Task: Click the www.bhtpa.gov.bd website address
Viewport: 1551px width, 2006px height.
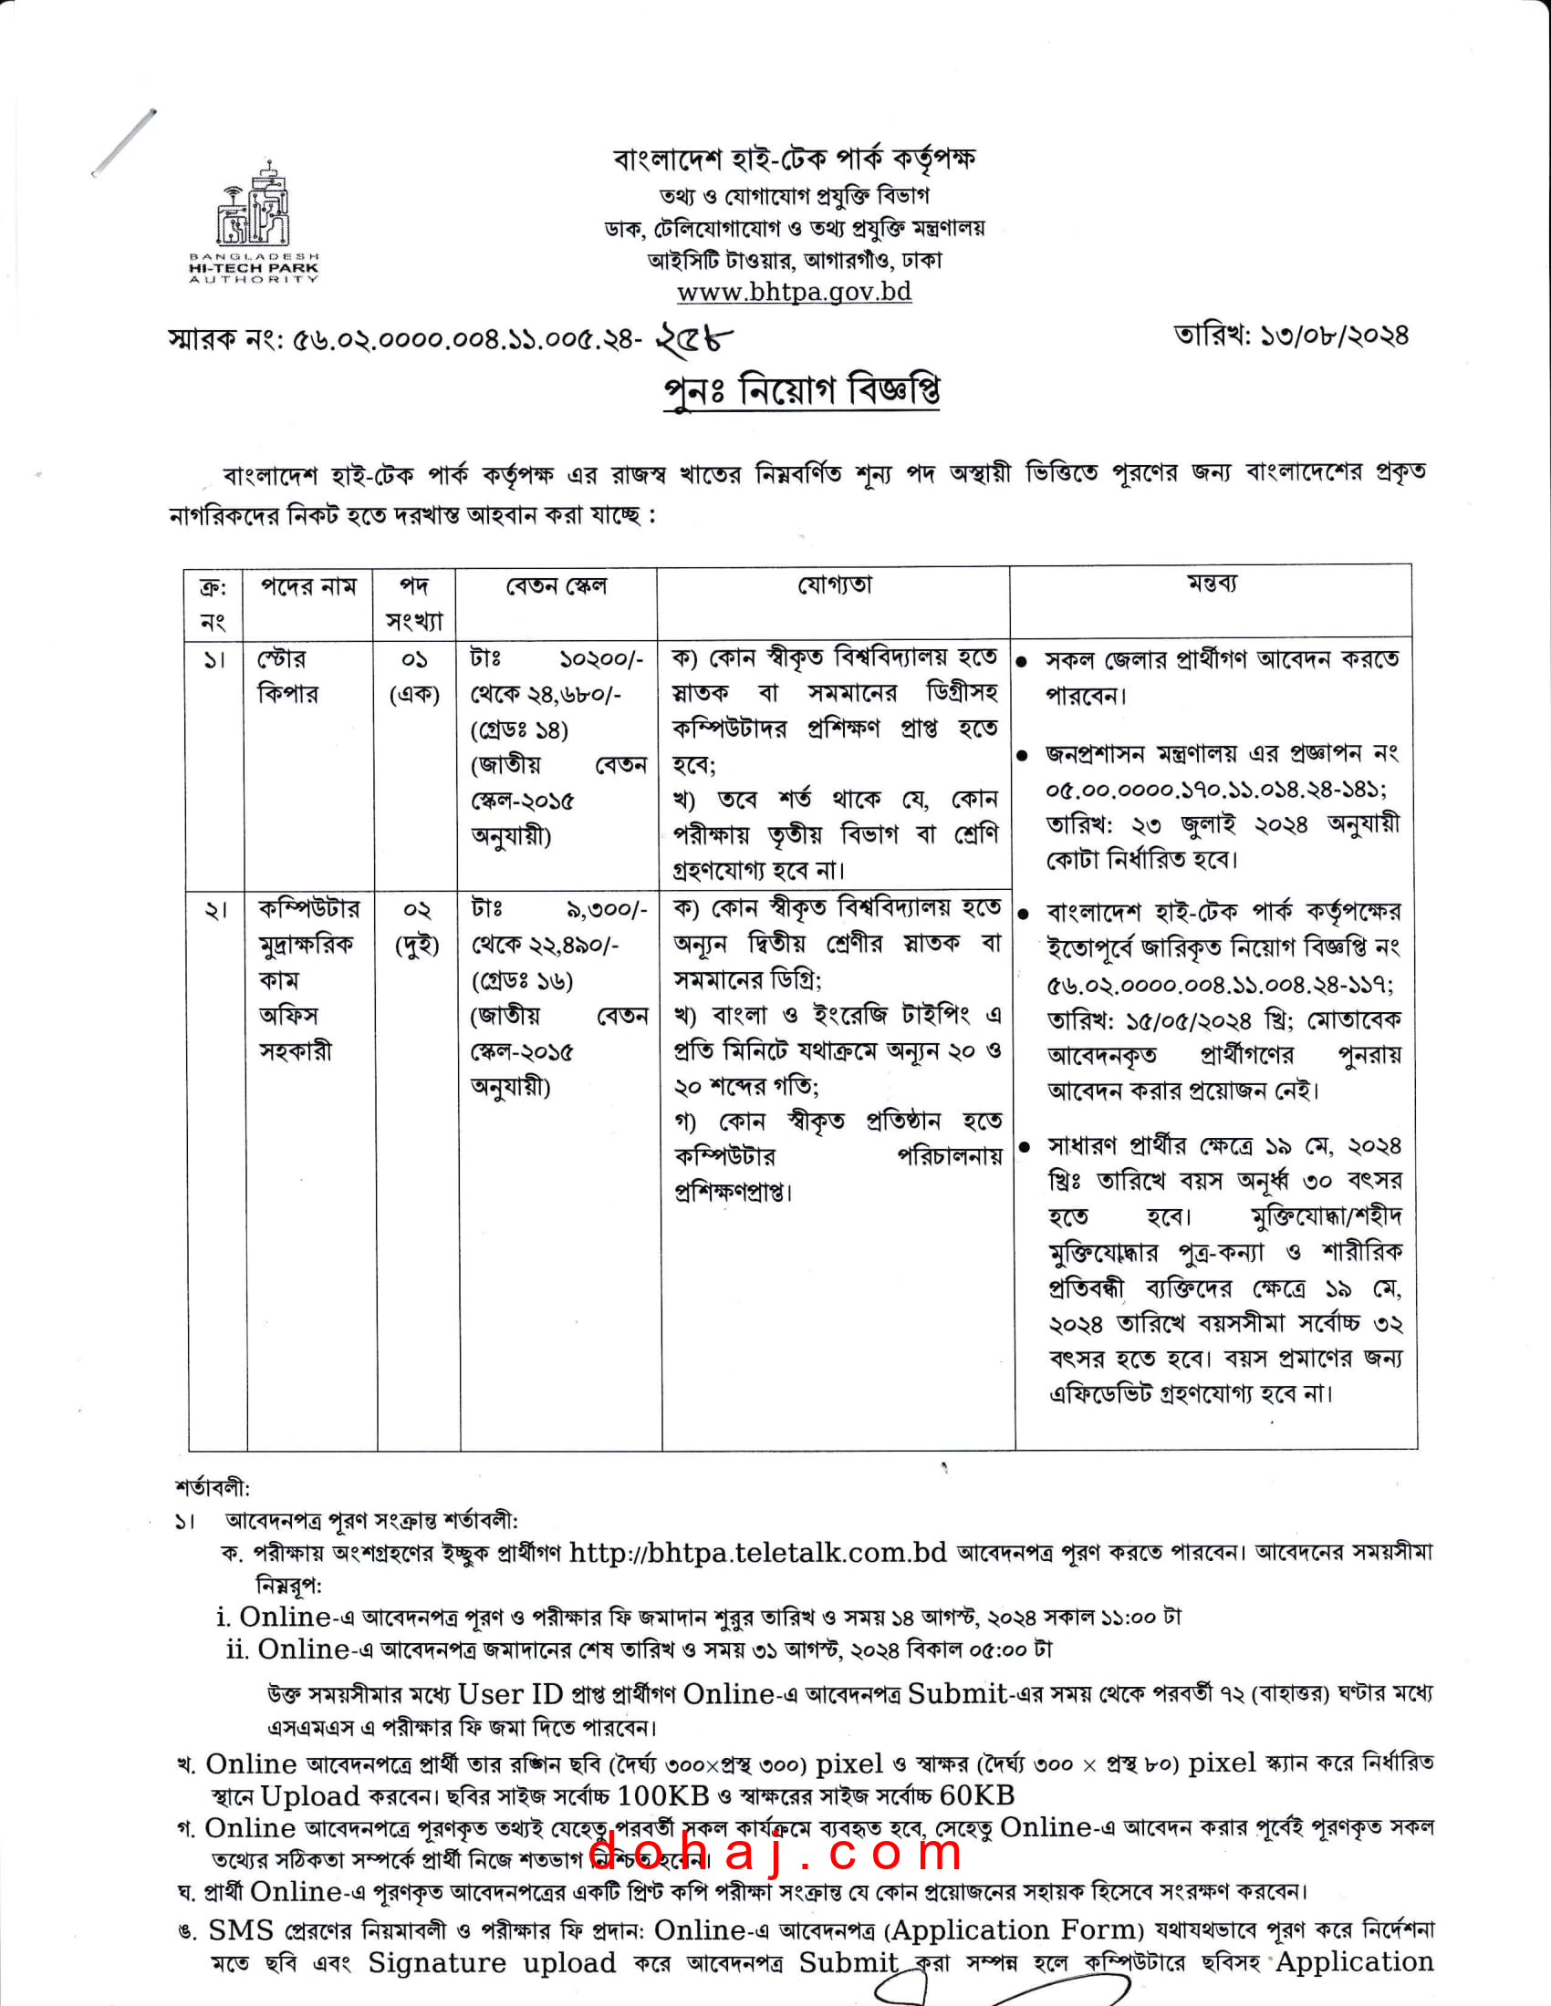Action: (x=794, y=292)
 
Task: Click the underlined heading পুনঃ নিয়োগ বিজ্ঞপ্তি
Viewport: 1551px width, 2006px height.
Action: (x=801, y=390)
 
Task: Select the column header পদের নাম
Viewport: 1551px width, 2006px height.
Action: (x=308, y=586)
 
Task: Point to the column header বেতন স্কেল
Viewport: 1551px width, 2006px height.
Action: (x=556, y=586)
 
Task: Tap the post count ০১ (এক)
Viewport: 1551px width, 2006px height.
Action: (x=414, y=677)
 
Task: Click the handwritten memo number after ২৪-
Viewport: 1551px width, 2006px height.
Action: (x=694, y=340)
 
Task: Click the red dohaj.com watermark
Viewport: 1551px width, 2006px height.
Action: (x=774, y=1851)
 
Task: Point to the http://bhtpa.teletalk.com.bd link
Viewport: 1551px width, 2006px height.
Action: (x=758, y=1552)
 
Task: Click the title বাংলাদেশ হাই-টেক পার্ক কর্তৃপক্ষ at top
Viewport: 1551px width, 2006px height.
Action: (x=794, y=160)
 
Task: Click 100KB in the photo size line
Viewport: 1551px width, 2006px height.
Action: (x=663, y=1794)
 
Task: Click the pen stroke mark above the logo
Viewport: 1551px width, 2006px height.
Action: (x=123, y=142)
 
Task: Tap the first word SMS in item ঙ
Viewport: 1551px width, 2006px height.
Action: (x=241, y=1929)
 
